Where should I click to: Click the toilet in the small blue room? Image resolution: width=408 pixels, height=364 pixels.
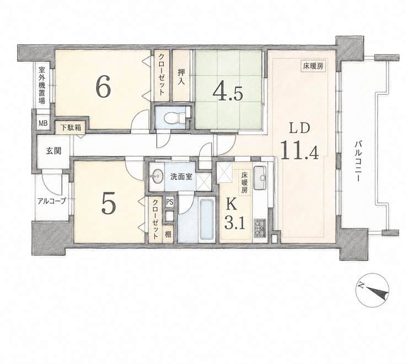[174, 117]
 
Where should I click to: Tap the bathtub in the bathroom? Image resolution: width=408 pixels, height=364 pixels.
[207, 219]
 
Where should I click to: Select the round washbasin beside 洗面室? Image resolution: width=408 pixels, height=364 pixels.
[157, 177]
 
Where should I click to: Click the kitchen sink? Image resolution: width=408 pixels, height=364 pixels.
[260, 178]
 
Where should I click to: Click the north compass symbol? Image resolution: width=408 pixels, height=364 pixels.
[372, 290]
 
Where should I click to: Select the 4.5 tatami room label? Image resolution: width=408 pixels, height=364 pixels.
[228, 93]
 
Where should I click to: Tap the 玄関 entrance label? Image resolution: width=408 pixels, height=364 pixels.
[53, 151]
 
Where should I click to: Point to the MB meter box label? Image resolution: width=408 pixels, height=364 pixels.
[43, 123]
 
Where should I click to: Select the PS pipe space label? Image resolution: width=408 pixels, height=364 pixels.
[169, 202]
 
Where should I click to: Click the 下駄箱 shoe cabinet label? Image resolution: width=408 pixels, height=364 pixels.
[71, 128]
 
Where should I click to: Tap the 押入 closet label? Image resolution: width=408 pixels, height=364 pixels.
[181, 76]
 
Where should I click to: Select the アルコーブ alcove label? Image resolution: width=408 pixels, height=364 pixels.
[52, 201]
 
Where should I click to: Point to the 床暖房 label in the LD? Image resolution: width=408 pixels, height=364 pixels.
[313, 66]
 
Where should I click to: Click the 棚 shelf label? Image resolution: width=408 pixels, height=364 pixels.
[168, 234]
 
